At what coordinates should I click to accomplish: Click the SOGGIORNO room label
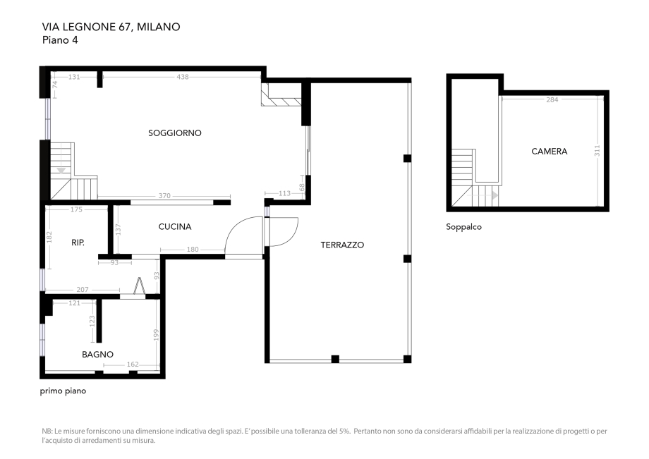coord(175,133)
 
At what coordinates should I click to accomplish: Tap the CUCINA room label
coord(175,226)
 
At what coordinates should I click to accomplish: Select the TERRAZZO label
coord(342,245)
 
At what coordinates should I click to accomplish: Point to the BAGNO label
coord(97,354)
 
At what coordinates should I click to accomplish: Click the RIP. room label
coord(78,242)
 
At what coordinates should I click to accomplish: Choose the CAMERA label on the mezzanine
coord(549,151)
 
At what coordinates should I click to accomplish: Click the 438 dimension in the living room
coord(183,77)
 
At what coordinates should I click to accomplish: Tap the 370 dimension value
coord(164,196)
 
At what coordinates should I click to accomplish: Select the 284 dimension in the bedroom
coord(552,99)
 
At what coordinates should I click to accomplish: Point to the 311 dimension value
coord(597,150)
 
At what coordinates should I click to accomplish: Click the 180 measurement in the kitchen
coord(192,249)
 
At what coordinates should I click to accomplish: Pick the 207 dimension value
coord(83,290)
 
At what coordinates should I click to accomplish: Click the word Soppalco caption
coord(463,227)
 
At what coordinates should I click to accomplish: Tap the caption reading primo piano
coord(63,390)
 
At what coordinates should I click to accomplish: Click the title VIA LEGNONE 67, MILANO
coord(111,27)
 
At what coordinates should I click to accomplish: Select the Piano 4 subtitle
coord(60,40)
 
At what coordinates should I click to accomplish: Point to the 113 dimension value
coord(284,192)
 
